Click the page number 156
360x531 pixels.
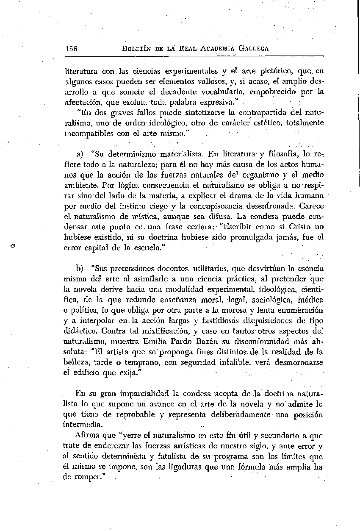click(x=71, y=48)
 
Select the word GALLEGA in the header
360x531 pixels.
click(x=254, y=49)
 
